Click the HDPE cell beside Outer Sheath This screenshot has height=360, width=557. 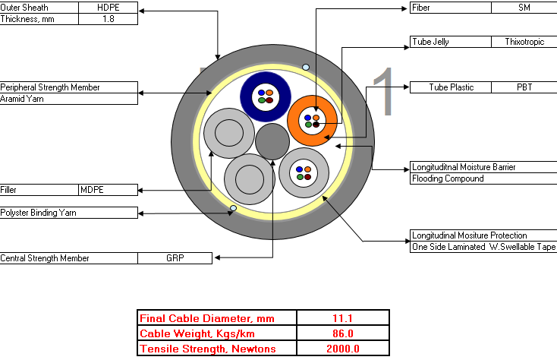pyautogui.click(x=108, y=8)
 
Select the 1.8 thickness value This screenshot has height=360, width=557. pyautogui.click(x=108, y=19)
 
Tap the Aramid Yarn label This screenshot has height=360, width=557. pyautogui.click(x=22, y=99)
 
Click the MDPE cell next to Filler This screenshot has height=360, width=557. pyautogui.click(x=92, y=190)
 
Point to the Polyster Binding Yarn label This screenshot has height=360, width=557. pyautogui.click(x=39, y=213)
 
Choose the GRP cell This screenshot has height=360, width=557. pyautogui.click(x=175, y=258)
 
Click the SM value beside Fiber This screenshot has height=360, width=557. pyautogui.click(x=524, y=8)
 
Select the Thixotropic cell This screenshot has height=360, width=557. pyautogui.click(x=524, y=42)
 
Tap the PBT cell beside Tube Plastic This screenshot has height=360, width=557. pyautogui.click(x=524, y=87)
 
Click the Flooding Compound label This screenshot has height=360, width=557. pyautogui.click(x=448, y=178)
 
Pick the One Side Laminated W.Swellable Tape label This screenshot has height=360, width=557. pyautogui.click(x=483, y=247)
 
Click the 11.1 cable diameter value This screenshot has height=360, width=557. pyautogui.click(x=342, y=318)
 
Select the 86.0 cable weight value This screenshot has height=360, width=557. pyautogui.click(x=342, y=333)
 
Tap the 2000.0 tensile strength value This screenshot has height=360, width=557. pyautogui.click(x=342, y=349)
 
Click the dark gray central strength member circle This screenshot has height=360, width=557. pyautogui.click(x=272, y=141)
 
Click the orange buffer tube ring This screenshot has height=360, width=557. pyautogui.click(x=294, y=121)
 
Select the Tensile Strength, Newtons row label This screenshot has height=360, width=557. pyautogui.click(x=208, y=349)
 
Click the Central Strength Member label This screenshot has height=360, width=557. pyautogui.click(x=45, y=258)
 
